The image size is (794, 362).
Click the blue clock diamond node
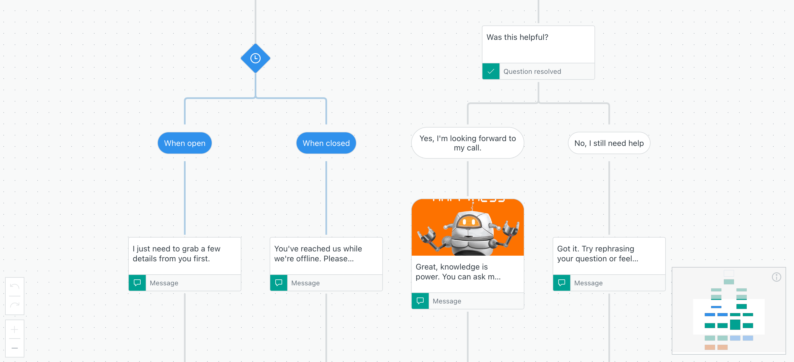tap(255, 58)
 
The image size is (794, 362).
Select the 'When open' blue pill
tap(184, 143)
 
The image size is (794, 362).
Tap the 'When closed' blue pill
tap(326, 143)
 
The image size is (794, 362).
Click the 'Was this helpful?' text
tap(517, 37)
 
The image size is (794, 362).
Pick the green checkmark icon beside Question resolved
tap(491, 72)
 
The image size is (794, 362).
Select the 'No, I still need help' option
tap(609, 143)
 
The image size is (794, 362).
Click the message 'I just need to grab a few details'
tap(176, 254)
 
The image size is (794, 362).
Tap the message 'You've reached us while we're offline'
tap(318, 254)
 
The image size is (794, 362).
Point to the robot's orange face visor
tap(468, 221)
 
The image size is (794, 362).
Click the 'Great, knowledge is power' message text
tap(458, 272)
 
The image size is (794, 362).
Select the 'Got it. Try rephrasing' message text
tap(597, 254)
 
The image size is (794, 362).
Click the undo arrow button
tap(14, 286)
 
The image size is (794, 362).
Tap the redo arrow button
tap(14, 305)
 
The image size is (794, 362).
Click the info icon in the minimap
tap(776, 277)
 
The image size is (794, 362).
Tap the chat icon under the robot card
tap(420, 301)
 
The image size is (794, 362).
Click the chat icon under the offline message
tap(279, 283)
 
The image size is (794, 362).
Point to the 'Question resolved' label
tap(532, 72)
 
